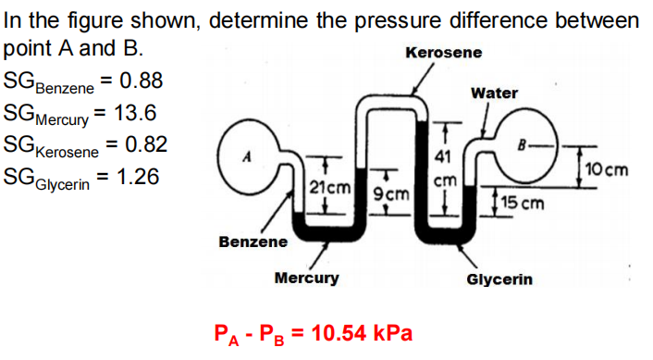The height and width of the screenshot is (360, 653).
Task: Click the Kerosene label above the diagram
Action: point(444,53)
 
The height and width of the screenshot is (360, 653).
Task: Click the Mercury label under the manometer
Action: point(307,278)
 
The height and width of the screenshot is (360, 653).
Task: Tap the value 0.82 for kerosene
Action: point(145,143)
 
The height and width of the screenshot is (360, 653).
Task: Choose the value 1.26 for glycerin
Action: point(135,175)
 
